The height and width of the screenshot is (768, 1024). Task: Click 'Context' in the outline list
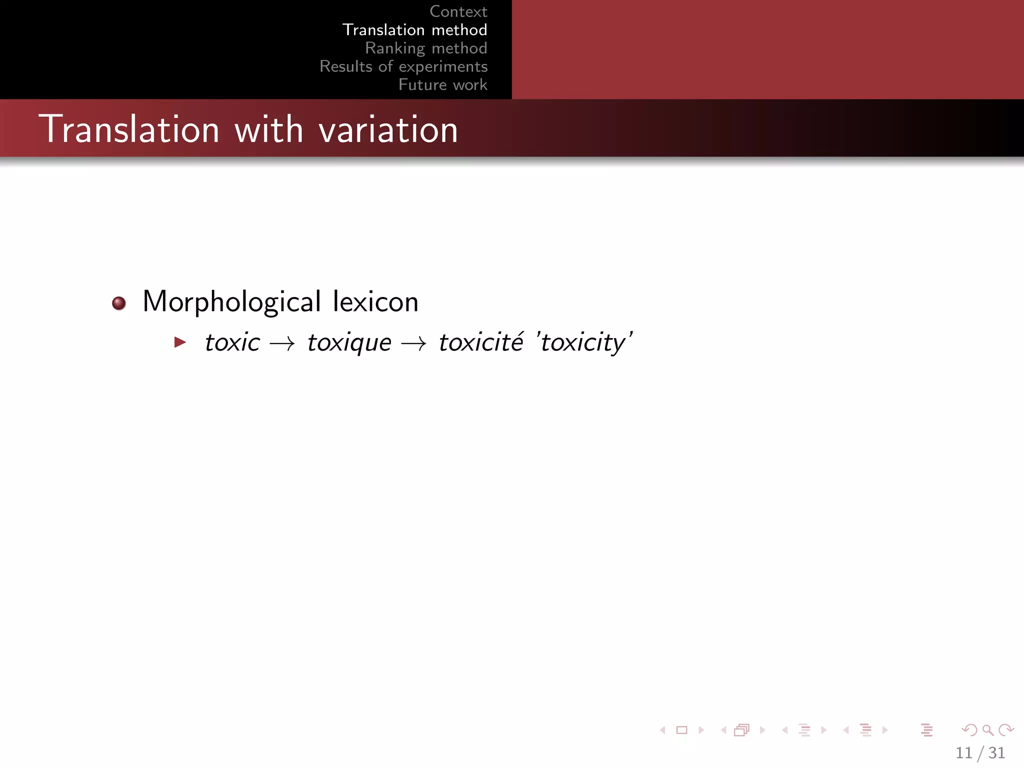pos(458,11)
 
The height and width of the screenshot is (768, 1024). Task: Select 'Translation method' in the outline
pos(414,30)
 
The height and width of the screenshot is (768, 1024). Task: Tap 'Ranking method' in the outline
pos(426,48)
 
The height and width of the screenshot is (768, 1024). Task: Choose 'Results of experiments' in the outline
pos(403,66)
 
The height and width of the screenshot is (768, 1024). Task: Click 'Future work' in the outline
pos(442,85)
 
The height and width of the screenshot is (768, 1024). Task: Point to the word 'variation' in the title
pos(388,129)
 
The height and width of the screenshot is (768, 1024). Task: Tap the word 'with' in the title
pos(269,129)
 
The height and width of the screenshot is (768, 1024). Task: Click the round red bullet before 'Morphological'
pos(119,303)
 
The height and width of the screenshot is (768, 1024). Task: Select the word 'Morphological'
pos(231,302)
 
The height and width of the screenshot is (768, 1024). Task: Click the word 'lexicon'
pos(375,302)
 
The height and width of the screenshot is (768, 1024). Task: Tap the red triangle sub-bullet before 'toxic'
pos(180,342)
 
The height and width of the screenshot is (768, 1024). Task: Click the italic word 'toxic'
pos(232,342)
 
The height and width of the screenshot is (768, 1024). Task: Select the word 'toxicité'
pos(481,342)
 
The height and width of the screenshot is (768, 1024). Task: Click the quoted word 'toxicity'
pos(583,343)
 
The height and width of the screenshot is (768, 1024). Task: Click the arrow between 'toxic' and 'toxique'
pos(282,343)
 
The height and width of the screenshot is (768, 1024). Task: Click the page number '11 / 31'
pos(980,752)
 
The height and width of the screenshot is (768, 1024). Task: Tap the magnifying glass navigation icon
pos(987,730)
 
